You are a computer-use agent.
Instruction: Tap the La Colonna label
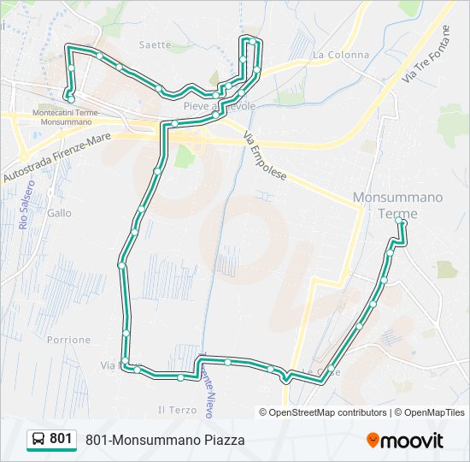click(x=341, y=55)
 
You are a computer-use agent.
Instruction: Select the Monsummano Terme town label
click(x=397, y=205)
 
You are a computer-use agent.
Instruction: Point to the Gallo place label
click(x=60, y=213)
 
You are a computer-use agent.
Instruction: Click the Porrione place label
click(x=69, y=340)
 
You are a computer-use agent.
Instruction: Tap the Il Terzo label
click(x=177, y=410)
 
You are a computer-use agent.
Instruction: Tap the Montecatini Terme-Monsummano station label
click(x=66, y=116)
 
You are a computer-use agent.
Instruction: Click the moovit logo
click(x=405, y=441)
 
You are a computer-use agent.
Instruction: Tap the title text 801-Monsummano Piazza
click(x=165, y=440)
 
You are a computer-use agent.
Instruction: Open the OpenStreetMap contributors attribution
click(x=323, y=412)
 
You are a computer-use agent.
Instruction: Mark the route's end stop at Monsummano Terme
click(x=401, y=222)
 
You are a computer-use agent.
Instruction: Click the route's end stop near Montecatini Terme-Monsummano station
click(x=71, y=99)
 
